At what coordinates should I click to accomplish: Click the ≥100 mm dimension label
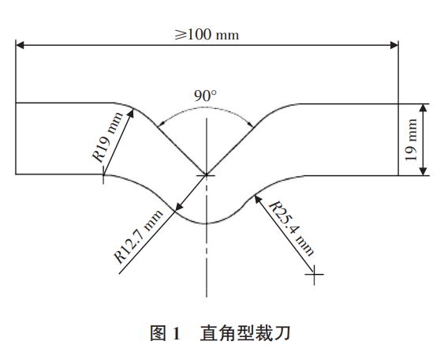(207, 35)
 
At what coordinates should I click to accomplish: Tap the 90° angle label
(205, 96)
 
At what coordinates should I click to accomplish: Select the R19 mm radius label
(108, 137)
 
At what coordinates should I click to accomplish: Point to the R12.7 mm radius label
(139, 236)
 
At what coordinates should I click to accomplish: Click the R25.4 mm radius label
(291, 229)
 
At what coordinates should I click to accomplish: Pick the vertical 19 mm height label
(411, 140)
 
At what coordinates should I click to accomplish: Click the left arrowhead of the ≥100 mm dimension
(20, 45)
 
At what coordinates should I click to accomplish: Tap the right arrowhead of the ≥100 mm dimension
(394, 45)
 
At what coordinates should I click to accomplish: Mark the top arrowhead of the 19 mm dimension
(423, 108)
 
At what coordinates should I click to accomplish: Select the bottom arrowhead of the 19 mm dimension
(423, 171)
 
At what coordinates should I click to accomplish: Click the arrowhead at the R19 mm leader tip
(131, 113)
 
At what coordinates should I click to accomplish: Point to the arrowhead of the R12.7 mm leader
(178, 208)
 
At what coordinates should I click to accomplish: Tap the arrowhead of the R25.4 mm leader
(257, 199)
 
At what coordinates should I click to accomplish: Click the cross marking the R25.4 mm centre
(314, 274)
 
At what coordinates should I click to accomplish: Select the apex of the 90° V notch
(206, 175)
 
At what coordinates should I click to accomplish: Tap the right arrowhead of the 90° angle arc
(250, 124)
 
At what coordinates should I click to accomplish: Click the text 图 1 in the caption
(165, 333)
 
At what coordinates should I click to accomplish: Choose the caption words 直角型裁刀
(245, 333)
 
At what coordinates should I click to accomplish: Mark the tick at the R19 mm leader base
(103, 175)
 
